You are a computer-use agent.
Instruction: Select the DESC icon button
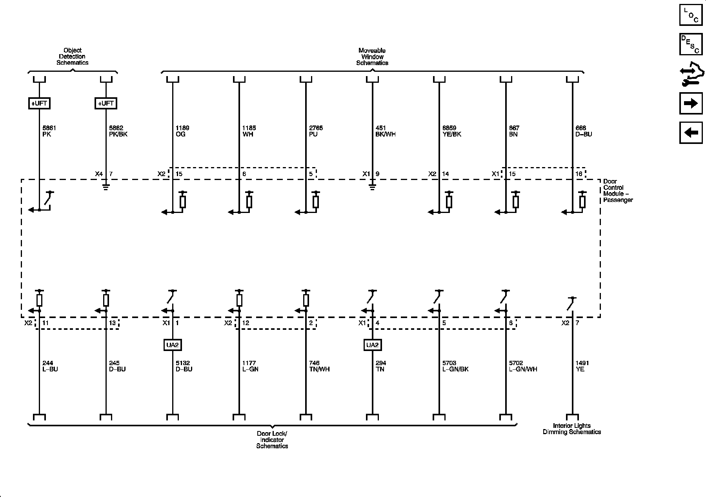[x=691, y=44]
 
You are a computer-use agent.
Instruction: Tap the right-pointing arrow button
[x=691, y=104]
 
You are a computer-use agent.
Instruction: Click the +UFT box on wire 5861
[x=39, y=103]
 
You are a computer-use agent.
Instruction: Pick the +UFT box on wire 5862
[x=106, y=103]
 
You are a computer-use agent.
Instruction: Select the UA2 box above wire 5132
[x=173, y=345]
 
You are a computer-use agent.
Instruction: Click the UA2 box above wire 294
[x=372, y=345]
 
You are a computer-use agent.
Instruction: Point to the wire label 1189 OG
[x=182, y=131]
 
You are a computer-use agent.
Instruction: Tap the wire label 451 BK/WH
[x=386, y=131]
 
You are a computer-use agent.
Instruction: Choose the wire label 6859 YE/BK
[x=452, y=131]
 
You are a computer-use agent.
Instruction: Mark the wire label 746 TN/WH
[x=319, y=366]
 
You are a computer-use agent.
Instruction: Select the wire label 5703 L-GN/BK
[x=455, y=366]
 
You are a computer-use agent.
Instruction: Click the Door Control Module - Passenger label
[x=618, y=191]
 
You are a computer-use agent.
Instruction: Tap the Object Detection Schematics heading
[x=73, y=56]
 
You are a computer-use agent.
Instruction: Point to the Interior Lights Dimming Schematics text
[x=572, y=429]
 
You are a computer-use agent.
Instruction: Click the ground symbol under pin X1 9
[x=372, y=187]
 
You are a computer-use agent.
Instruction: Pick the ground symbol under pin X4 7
[x=106, y=187]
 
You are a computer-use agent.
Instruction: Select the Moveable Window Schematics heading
[x=372, y=56]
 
